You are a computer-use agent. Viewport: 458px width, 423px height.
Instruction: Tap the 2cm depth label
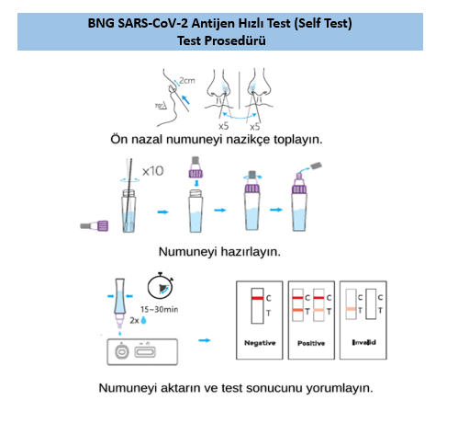coord(187,81)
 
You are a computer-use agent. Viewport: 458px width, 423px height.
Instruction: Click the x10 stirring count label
coord(152,171)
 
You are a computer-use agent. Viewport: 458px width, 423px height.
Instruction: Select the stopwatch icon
coord(161,286)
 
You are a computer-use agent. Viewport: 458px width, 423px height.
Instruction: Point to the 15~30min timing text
coord(159,309)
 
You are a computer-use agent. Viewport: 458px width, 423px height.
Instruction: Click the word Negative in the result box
coord(260,343)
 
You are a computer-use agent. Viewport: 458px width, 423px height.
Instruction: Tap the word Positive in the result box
coord(311,343)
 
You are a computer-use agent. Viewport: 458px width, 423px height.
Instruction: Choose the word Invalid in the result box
coord(363,342)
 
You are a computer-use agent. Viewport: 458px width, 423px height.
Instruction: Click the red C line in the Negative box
coord(257,298)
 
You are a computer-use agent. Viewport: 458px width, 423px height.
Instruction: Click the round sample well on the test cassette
coord(121,352)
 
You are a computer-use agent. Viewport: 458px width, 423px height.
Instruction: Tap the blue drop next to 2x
coord(143,320)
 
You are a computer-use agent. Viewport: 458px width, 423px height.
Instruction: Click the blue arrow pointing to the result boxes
coord(205,340)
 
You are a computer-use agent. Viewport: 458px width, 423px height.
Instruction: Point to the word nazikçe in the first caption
coord(248,140)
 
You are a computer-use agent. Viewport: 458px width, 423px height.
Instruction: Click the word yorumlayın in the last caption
coord(340,388)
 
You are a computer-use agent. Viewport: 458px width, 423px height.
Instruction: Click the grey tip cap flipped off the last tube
coord(316,166)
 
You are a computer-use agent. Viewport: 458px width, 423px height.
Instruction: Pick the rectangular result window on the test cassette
coord(145,352)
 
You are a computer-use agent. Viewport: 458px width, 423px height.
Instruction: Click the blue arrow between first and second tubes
coord(162,211)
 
